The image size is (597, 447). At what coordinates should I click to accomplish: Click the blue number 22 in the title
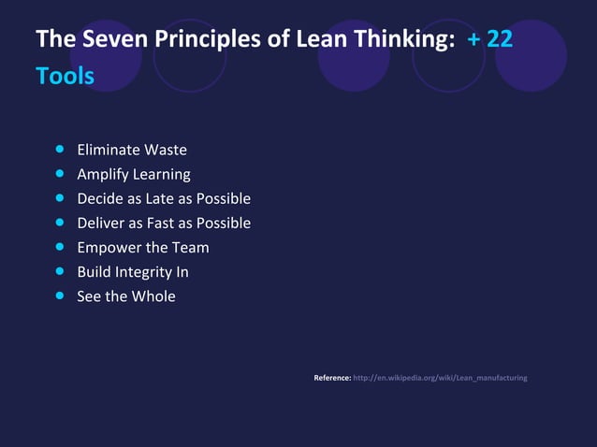click(x=499, y=39)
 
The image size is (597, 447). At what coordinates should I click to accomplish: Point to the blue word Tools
click(x=65, y=76)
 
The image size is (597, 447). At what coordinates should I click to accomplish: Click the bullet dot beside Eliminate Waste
click(x=60, y=149)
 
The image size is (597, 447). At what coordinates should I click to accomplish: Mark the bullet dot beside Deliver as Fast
click(x=60, y=223)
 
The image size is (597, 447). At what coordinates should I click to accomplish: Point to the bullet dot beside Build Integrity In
click(x=60, y=271)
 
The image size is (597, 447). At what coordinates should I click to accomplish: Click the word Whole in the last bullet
click(x=153, y=296)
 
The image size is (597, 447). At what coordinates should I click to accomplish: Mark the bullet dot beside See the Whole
click(x=60, y=296)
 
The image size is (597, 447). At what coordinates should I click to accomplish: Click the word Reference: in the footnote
click(x=332, y=378)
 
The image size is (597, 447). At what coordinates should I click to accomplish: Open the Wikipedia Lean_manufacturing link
click(x=440, y=378)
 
